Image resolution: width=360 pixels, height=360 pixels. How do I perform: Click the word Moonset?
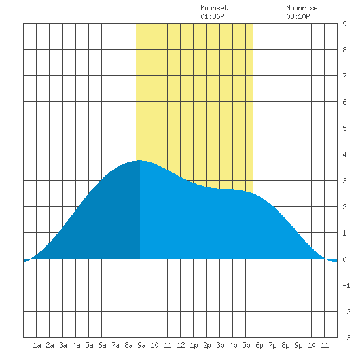pyautogui.click(x=214, y=9)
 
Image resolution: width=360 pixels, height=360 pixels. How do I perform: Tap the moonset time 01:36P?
pyautogui.click(x=212, y=16)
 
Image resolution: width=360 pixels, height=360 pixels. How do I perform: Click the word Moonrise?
pyautogui.click(x=302, y=9)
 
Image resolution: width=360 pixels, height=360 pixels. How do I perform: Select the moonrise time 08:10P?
pyautogui.click(x=298, y=16)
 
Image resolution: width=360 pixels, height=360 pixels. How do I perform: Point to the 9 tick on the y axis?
pyautogui.click(x=344, y=24)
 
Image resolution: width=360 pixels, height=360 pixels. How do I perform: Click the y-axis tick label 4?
pyautogui.click(x=344, y=154)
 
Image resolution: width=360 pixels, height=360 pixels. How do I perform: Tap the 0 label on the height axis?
pyautogui.click(x=344, y=259)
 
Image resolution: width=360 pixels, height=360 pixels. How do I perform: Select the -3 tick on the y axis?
pyautogui.click(x=346, y=338)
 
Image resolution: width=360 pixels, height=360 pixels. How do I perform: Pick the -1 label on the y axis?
pyautogui.click(x=346, y=285)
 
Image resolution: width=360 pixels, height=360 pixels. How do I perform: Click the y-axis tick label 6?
pyautogui.click(x=344, y=102)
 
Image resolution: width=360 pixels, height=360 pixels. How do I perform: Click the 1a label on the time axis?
pyautogui.click(x=37, y=345)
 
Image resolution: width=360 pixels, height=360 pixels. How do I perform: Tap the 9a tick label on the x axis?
pyautogui.click(x=141, y=345)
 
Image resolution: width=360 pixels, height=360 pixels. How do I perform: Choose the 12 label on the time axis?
pyautogui.click(x=181, y=345)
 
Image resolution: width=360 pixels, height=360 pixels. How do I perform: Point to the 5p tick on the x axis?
pyautogui.click(x=246, y=345)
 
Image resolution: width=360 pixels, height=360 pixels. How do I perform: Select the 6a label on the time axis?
pyautogui.click(x=102, y=345)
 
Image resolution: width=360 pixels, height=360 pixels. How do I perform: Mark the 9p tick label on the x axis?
pyautogui.click(x=298, y=345)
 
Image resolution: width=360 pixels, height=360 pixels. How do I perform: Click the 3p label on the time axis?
pyautogui.click(x=220, y=345)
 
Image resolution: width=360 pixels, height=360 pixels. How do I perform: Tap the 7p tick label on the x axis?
pyautogui.click(x=272, y=345)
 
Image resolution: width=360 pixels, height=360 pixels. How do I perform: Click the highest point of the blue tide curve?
pyautogui.click(x=140, y=161)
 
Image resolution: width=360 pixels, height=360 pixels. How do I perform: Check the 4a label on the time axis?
pyautogui.click(x=76, y=345)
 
